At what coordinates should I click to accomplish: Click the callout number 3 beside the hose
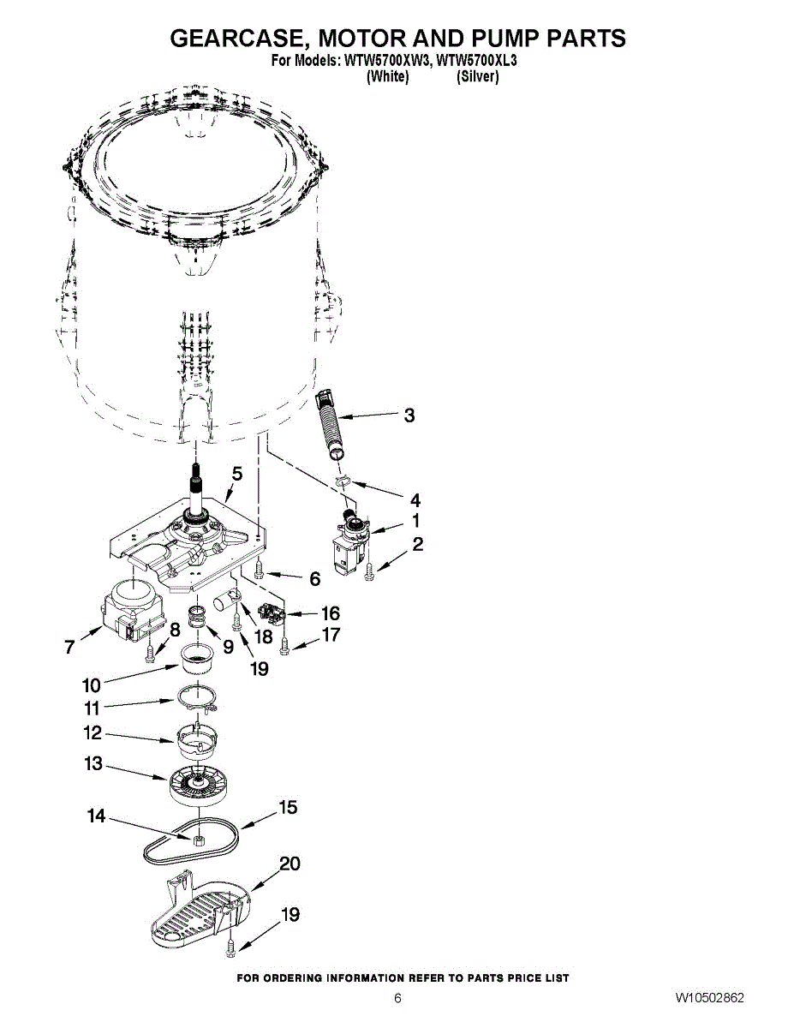[x=409, y=415]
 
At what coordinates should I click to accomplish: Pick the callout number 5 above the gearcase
[x=237, y=473]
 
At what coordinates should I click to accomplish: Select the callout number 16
[x=329, y=613]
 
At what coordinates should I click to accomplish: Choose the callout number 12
[x=93, y=733]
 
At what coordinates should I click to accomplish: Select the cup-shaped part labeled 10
[x=198, y=663]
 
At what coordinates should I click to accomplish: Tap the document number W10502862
[x=709, y=998]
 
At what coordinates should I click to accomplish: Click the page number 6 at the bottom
[x=397, y=998]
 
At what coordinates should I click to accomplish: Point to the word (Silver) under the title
[x=477, y=76]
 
